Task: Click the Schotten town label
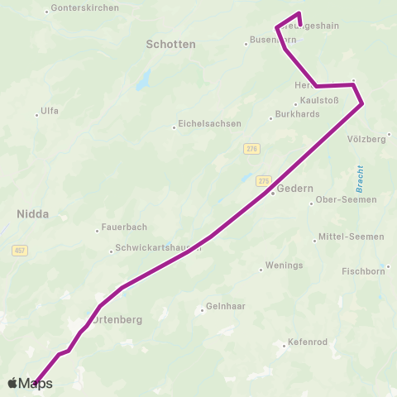tap(170, 44)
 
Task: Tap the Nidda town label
tap(33, 213)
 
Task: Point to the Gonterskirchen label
tap(84, 7)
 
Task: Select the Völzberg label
tap(367, 139)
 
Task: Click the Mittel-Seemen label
tap(351, 237)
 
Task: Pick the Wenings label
tap(284, 266)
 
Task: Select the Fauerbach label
tap(123, 227)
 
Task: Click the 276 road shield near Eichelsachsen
tap(251, 148)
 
